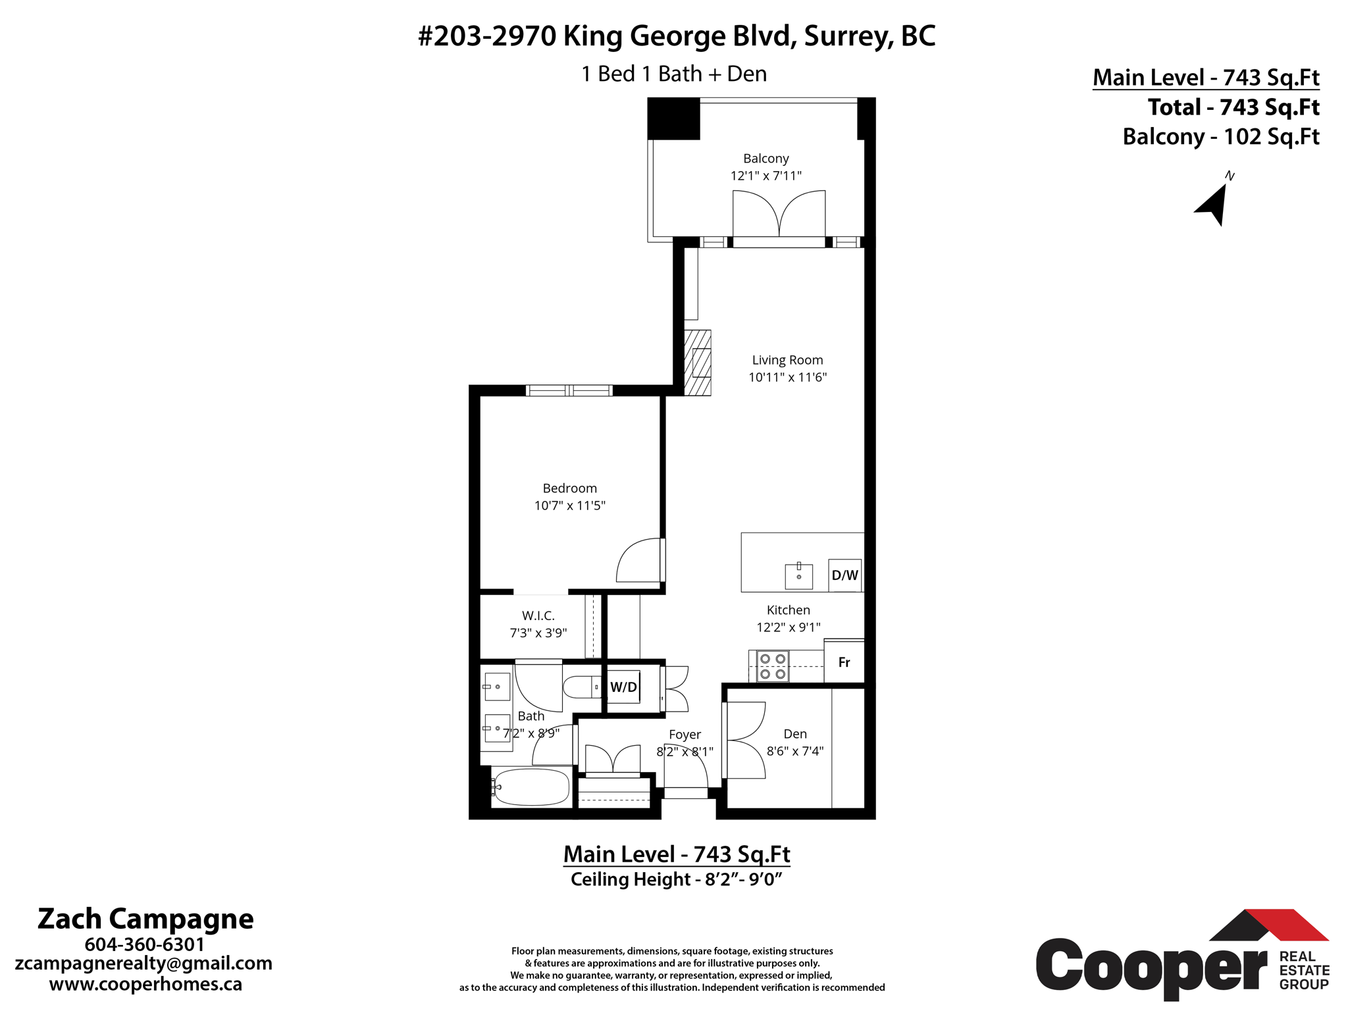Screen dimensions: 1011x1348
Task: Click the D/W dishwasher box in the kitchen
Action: [844, 575]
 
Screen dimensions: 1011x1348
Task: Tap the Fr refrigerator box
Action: [844, 662]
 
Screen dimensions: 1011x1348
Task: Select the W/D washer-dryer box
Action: [623, 687]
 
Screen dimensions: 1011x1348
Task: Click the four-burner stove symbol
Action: [773, 665]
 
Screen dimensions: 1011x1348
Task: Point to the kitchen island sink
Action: [798, 576]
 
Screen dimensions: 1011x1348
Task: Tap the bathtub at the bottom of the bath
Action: [531, 787]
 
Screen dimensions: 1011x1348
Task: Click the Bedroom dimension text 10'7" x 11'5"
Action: [569, 505]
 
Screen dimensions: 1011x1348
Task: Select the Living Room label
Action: [787, 360]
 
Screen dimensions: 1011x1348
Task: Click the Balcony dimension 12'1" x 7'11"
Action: [765, 176]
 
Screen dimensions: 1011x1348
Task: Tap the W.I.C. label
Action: [538, 615]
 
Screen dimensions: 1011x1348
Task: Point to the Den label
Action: [794, 734]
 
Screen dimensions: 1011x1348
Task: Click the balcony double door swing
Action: [779, 214]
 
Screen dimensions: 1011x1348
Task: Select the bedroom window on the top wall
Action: [569, 390]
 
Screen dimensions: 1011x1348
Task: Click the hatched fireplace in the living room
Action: [698, 363]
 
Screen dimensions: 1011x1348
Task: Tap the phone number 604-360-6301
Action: [145, 945]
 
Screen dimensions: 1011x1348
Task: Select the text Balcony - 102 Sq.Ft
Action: [1220, 137]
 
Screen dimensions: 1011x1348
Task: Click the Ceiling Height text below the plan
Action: [676, 879]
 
